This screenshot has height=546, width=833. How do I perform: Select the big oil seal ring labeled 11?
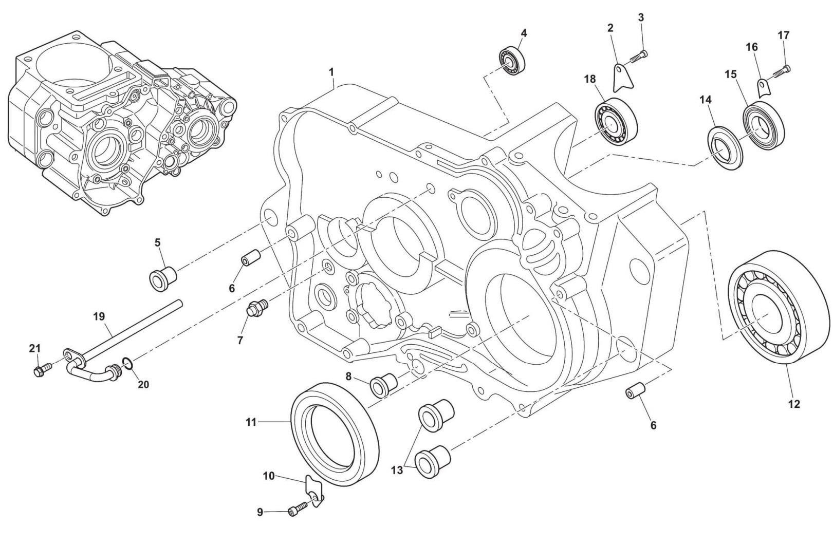334,434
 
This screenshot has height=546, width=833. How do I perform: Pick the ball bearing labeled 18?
616,121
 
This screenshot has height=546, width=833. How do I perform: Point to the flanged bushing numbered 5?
162,279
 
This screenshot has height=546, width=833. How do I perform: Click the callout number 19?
99,317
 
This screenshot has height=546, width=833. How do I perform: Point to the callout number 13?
397,470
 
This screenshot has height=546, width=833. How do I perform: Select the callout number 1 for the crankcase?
331,72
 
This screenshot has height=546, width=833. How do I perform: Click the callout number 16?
752,48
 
